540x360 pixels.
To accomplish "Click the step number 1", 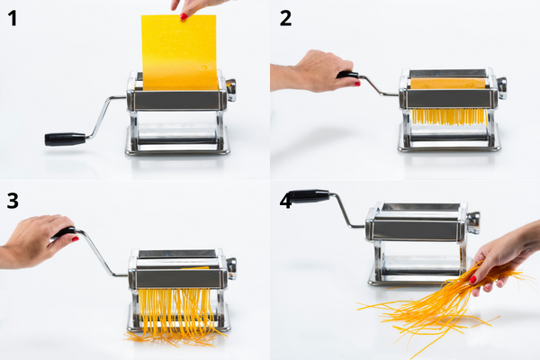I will tap(12, 18).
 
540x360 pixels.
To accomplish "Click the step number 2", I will tap(285, 18).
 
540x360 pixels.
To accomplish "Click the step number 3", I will tap(13, 200).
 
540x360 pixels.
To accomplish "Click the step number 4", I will tap(285, 200).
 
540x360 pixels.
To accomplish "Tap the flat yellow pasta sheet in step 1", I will tap(178, 52).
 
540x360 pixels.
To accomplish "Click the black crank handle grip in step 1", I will tap(65, 139).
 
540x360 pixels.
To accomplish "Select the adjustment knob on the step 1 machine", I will tap(231, 86).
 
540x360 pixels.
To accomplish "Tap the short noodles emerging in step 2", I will tap(447, 116).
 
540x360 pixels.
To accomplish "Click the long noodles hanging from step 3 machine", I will tap(175, 315).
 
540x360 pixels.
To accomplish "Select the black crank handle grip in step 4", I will tap(310, 195).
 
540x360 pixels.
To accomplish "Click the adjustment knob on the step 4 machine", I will tap(473, 221).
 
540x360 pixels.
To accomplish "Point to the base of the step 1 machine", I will tap(176, 148).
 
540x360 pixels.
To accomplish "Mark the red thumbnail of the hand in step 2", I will tap(357, 83).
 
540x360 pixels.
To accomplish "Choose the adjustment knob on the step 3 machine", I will tap(231, 265).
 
